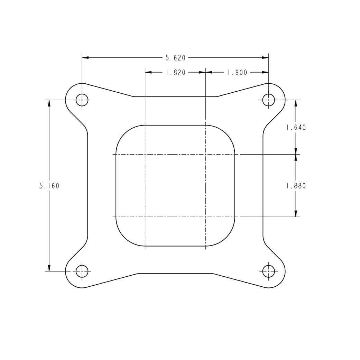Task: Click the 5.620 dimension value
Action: [x=175, y=58]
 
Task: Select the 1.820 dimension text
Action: [x=175, y=73]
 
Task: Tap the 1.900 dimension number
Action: [x=237, y=73]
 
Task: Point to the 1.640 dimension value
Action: [x=296, y=127]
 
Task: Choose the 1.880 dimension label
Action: [x=296, y=186]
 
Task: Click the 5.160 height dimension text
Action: [x=49, y=186]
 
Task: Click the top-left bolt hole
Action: [x=82, y=100]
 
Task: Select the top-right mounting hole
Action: [x=268, y=100]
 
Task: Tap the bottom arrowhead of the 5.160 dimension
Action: [x=49, y=268]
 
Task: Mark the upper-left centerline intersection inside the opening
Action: [x=145, y=154]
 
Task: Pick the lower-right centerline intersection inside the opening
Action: [x=206, y=217]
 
